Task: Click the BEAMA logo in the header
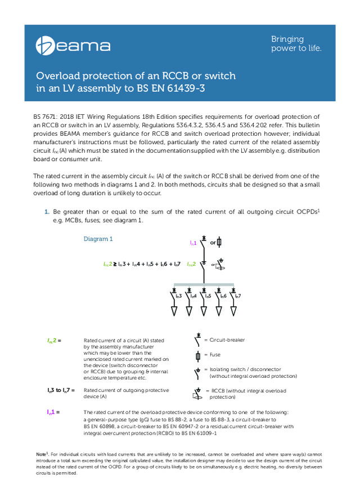[74, 45]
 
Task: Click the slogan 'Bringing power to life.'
[296, 43]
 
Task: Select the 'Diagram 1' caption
[98, 239]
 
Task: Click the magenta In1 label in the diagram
[193, 243]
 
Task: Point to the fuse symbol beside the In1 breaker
[219, 242]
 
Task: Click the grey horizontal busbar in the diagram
[203, 284]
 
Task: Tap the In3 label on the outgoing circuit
[178, 295]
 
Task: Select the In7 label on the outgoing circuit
[238, 295]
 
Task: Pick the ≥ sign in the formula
[115, 264]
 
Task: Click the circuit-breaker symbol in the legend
[197, 341]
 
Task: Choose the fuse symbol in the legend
[197, 355]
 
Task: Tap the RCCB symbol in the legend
[198, 392]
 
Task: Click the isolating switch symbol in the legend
[197, 372]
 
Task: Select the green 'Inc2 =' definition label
[54, 341]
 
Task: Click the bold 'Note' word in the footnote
[40, 453]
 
